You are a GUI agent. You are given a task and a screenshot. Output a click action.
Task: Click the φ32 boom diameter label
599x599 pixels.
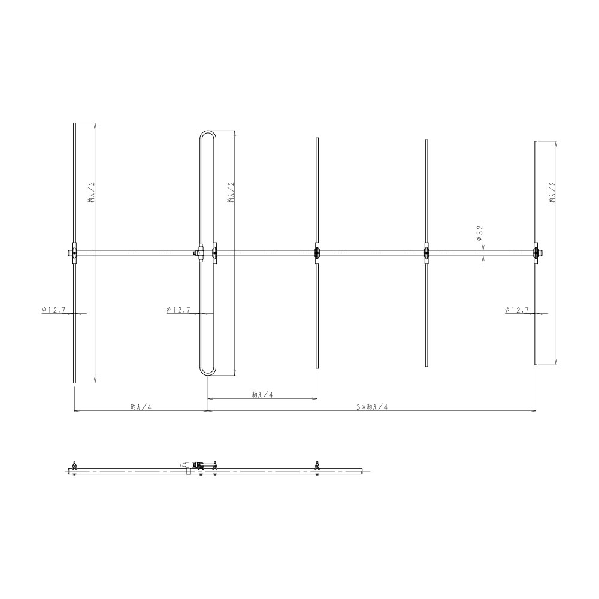[480, 233]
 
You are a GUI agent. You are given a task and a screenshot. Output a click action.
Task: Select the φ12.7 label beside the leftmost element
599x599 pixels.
[53, 310]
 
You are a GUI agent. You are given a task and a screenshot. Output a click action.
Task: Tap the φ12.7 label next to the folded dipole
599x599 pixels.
[179, 310]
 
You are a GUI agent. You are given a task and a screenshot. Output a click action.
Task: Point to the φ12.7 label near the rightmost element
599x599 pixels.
[517, 310]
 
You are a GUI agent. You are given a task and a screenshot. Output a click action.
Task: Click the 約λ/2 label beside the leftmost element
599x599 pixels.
[91, 192]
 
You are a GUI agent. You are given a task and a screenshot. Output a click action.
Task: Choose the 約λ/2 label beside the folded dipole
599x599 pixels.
[231, 192]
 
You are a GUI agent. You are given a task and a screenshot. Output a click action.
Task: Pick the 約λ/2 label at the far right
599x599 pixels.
[552, 192]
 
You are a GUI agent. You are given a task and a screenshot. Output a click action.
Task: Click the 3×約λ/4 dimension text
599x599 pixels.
[372, 407]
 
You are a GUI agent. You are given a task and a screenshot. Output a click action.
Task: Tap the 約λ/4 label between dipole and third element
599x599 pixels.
[262, 395]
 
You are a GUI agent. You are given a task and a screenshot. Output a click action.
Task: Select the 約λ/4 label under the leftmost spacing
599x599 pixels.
[141, 407]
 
